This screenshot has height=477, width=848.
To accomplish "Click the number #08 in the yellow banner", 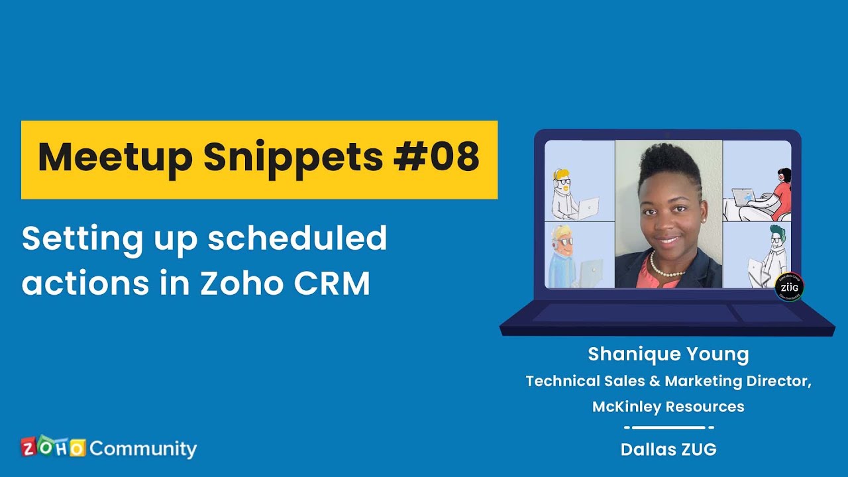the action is point(437,156).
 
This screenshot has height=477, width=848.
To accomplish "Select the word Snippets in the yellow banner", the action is point(293,159).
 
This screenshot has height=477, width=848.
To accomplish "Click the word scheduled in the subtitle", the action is point(297,238).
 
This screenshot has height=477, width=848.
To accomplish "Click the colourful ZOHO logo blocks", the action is point(53,447).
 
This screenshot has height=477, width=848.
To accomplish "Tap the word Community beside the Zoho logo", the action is point(144,449).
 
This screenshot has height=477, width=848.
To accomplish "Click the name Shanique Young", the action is point(668,354).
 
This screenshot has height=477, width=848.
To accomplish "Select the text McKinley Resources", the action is point(668,407).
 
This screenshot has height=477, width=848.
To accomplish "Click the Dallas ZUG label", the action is point(668,449).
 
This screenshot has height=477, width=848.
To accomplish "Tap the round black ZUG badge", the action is point(789,287).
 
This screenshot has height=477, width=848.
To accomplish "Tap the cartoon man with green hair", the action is point(768,256).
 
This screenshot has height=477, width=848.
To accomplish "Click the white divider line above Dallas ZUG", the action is point(669,428).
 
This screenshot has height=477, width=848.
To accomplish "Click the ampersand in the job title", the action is point(655,381).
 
